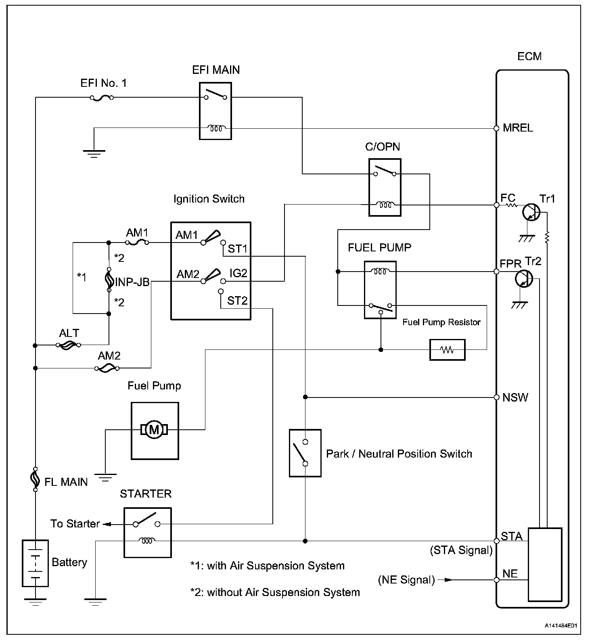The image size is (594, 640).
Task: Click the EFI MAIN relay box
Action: (215, 111)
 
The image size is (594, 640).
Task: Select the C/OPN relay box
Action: (385, 187)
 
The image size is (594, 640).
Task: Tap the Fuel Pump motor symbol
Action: (154, 430)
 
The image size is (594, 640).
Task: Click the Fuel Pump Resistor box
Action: (447, 349)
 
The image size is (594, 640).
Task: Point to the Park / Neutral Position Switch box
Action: (305, 453)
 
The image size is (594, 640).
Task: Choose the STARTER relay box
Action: (147, 532)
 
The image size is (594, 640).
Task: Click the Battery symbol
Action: (35, 563)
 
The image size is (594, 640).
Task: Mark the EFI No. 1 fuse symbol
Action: (101, 98)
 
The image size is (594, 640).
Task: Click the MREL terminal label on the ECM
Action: (518, 128)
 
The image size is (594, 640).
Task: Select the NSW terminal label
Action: (515, 397)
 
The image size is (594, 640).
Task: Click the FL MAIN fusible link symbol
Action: (36, 479)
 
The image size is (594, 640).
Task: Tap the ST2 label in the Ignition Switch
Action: (237, 301)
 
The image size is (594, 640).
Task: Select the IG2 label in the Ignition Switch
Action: (238, 273)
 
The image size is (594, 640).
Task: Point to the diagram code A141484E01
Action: (561, 626)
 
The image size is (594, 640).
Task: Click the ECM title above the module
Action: (529, 56)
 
